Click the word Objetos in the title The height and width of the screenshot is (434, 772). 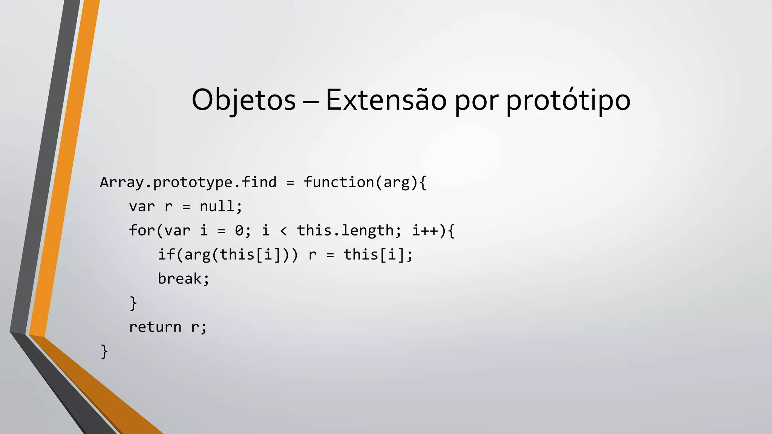(244, 100)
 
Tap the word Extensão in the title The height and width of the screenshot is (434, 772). (386, 100)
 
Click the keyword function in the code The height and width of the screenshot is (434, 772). (339, 182)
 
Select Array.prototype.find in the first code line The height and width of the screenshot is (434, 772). (188, 183)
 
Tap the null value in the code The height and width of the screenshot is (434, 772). (217, 206)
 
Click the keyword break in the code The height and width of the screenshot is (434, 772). (180, 279)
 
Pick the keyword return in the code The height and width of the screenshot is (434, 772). (155, 327)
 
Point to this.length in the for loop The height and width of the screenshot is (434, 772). (345, 231)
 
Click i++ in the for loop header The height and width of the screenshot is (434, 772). (425, 231)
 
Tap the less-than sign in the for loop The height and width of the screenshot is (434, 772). (283, 231)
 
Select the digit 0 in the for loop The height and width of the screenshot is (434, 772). (239, 231)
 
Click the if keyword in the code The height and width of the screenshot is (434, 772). (166, 255)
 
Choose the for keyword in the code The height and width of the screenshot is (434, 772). (142, 231)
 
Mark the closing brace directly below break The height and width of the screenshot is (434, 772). (133, 303)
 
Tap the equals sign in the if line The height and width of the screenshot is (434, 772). (330, 255)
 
